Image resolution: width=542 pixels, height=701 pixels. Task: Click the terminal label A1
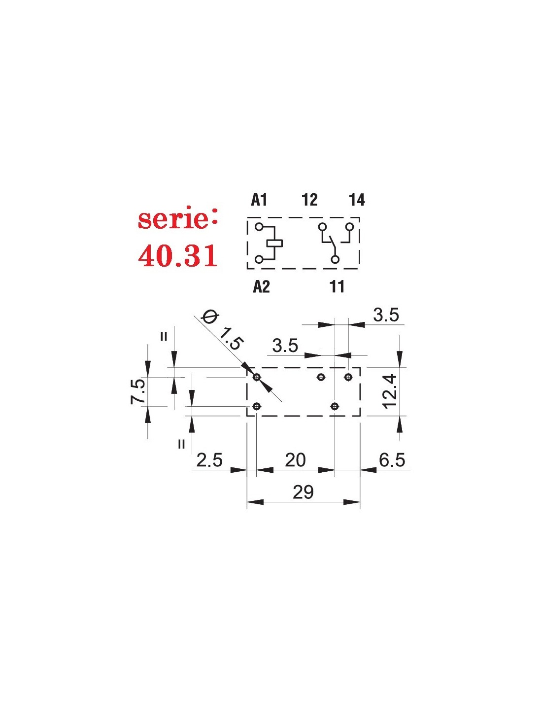259,200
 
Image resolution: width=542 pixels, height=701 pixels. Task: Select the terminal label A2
261,286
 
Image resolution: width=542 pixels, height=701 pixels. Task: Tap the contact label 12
310,200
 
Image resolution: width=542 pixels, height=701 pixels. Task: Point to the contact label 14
357,200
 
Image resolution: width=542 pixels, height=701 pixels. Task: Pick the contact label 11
337,286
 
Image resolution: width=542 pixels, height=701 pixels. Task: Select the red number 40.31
178,255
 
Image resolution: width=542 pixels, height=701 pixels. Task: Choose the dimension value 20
295,460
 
